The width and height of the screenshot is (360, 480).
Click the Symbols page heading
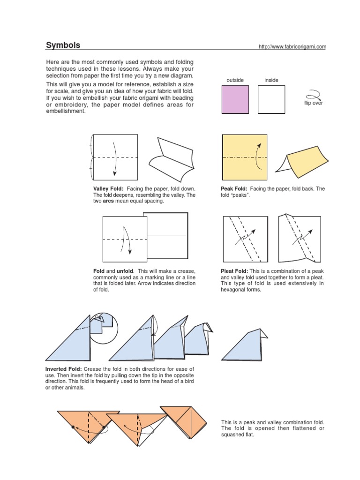pyautogui.click(x=63, y=45)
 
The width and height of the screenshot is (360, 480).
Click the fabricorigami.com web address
pyautogui.click(x=292, y=46)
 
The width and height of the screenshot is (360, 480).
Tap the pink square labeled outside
pyautogui.click(x=235, y=100)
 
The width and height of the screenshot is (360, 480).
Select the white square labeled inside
pyautogui.click(x=271, y=100)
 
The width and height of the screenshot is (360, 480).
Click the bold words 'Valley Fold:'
pyautogui.click(x=108, y=188)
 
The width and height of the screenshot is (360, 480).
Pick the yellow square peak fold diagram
pyautogui.click(x=244, y=157)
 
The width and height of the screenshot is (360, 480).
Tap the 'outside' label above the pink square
pyautogui.click(x=235, y=80)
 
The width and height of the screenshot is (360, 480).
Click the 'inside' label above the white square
pyautogui.click(x=271, y=80)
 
